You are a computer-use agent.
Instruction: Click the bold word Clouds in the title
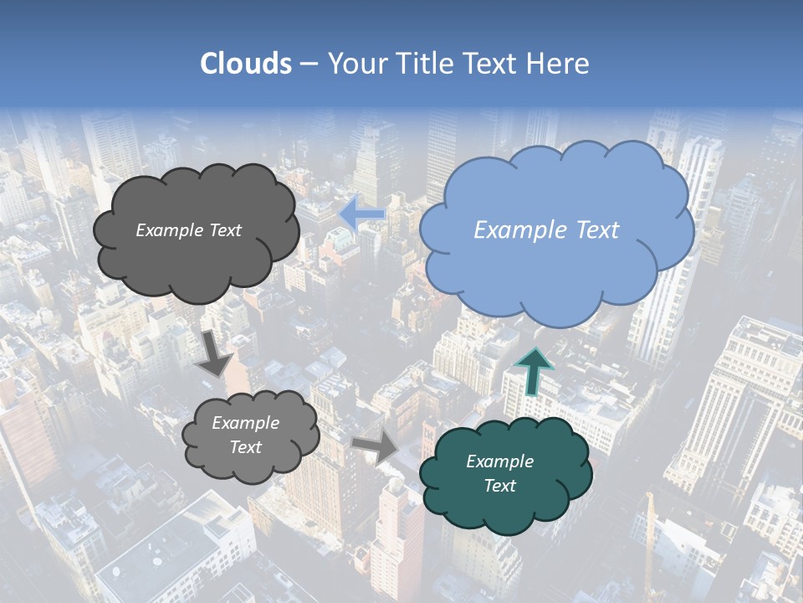246,64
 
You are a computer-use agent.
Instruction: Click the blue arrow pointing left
362,214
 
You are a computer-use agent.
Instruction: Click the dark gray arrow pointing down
217,352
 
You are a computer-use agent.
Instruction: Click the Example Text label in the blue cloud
546,230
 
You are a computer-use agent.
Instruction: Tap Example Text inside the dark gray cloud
188,230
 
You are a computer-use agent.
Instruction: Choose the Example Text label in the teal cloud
499,473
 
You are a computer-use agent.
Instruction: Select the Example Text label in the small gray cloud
245,435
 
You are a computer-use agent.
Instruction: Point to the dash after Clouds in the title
308,64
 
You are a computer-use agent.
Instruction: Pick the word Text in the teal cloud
499,486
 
